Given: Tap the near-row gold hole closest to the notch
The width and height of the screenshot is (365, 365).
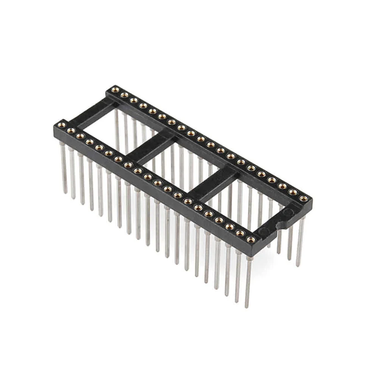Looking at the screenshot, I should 250,239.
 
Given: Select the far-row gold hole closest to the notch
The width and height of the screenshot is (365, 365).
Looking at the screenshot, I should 303,198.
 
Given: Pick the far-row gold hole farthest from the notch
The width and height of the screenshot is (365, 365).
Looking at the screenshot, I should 115,90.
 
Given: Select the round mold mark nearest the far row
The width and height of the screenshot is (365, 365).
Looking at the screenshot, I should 289,212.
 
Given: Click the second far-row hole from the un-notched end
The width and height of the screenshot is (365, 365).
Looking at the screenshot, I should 124,95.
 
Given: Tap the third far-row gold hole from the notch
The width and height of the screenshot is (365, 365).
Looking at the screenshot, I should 282,186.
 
